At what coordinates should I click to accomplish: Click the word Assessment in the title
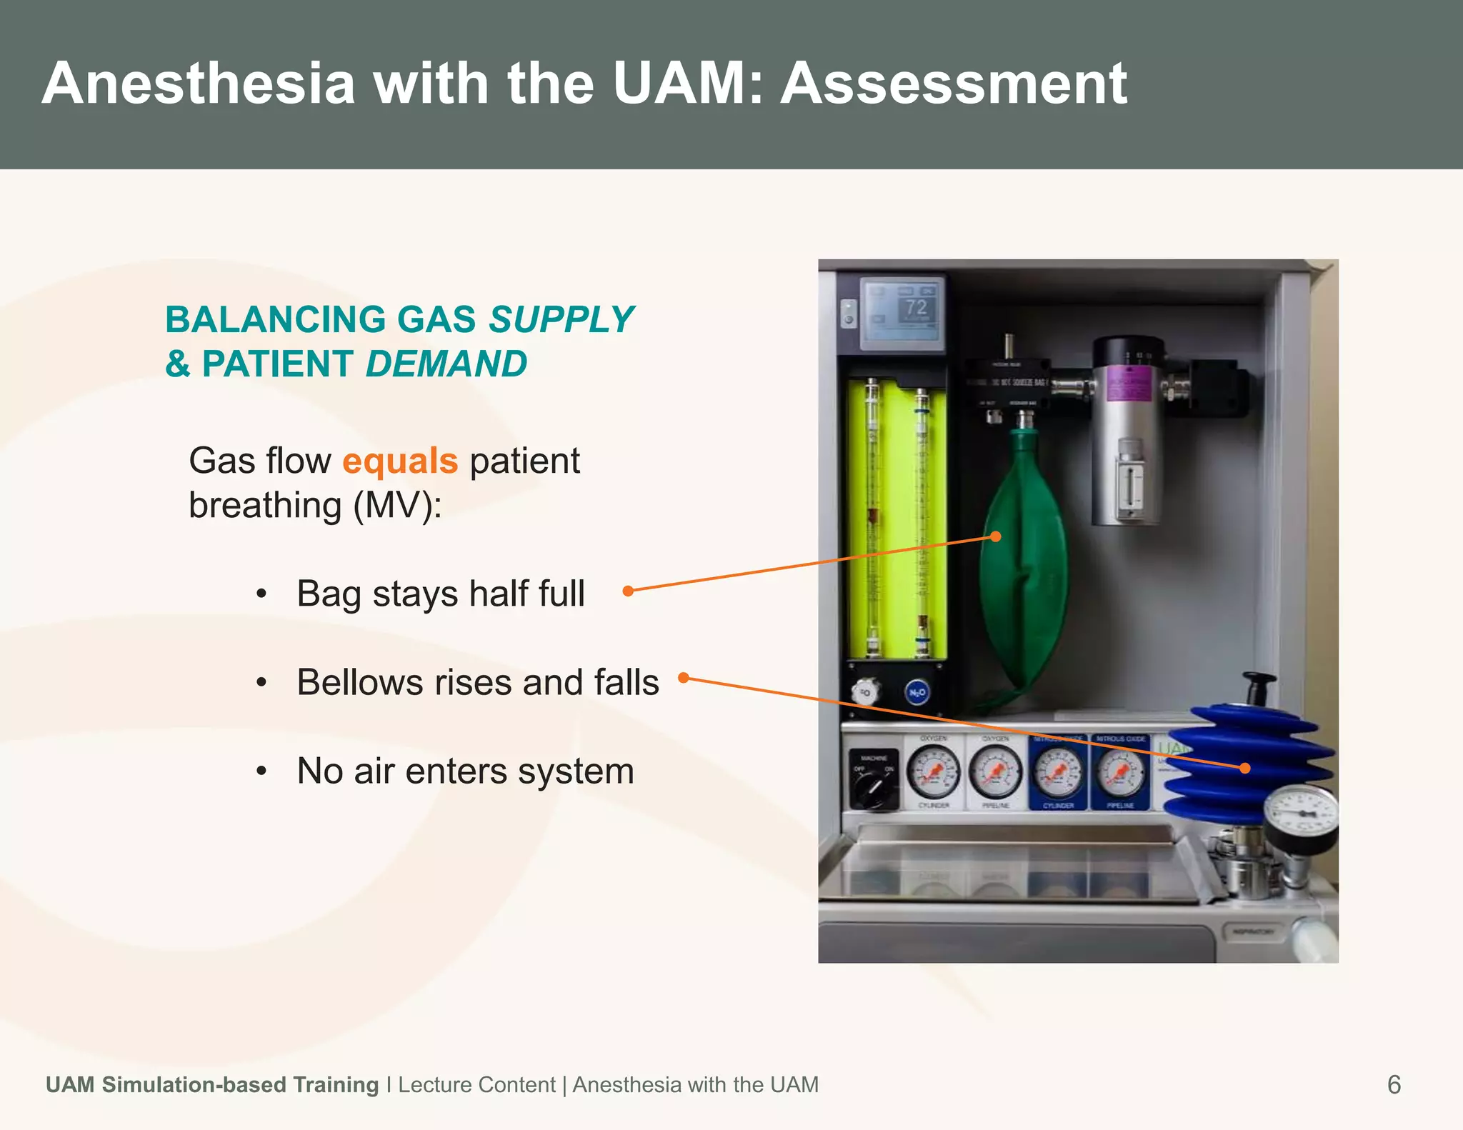pyautogui.click(x=954, y=84)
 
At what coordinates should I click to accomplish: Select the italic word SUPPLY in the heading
pyautogui.click(x=561, y=319)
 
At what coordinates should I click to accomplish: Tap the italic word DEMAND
pyautogui.click(x=446, y=364)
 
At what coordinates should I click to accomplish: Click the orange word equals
pyautogui.click(x=400, y=461)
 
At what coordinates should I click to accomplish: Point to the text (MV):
pyautogui.click(x=397, y=506)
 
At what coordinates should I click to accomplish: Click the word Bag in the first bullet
pyautogui.click(x=329, y=594)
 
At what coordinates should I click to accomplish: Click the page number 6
pyautogui.click(x=1394, y=1084)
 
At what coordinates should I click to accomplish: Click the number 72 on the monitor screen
pyautogui.click(x=916, y=308)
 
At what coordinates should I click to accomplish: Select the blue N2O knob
pyautogui.click(x=917, y=692)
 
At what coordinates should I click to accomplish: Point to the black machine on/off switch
pyautogui.click(x=873, y=789)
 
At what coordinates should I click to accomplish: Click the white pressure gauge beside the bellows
pyautogui.click(x=1300, y=814)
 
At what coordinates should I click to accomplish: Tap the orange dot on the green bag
pyautogui.click(x=996, y=536)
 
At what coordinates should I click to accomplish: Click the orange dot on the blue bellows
pyautogui.click(x=1245, y=768)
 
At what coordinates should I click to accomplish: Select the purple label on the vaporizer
pyautogui.click(x=1129, y=386)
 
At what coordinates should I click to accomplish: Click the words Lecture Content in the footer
pyautogui.click(x=476, y=1084)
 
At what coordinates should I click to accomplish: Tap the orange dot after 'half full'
pyautogui.click(x=628, y=591)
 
